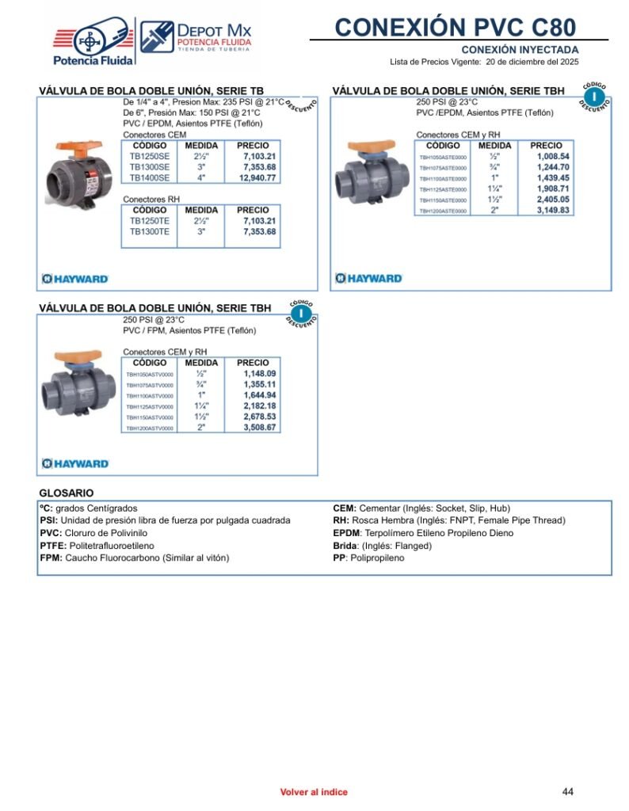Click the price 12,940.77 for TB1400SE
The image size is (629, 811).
259,178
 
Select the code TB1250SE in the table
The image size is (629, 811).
150,156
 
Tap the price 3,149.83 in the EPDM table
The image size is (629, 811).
553,211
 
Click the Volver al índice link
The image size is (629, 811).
314,792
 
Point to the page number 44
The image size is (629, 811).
567,791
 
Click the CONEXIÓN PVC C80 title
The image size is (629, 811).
455,27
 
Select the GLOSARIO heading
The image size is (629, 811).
67,493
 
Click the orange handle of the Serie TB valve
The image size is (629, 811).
84,148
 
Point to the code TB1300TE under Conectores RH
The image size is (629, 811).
150,232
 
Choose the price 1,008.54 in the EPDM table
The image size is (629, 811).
553,157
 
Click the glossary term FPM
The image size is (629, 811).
51,558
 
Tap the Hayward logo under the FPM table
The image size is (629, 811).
75,463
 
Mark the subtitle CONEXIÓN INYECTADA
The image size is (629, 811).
520,50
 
